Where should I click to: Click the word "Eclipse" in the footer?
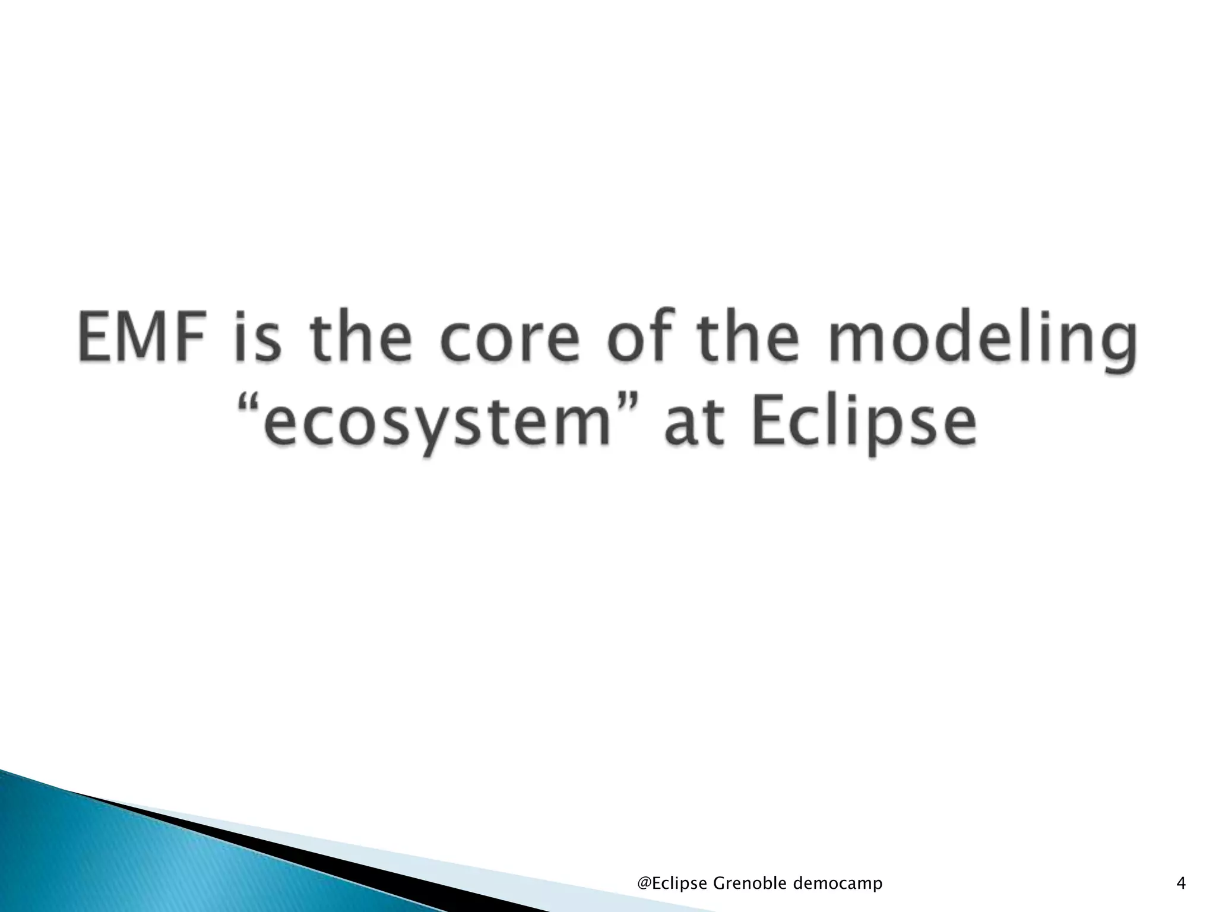(680, 884)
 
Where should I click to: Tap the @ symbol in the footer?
(644, 884)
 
